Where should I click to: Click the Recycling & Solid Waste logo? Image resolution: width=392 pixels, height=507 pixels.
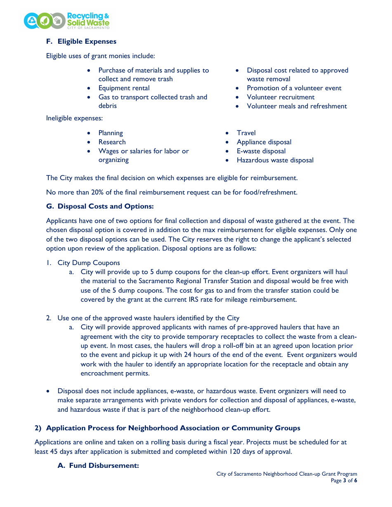(66, 20)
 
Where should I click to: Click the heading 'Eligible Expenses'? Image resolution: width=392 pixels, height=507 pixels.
(87, 41)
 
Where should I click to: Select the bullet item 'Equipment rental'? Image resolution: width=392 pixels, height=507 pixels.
(124, 88)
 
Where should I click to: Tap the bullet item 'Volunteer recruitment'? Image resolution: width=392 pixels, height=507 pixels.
(281, 97)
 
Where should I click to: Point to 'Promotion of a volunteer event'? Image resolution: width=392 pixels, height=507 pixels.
(294, 88)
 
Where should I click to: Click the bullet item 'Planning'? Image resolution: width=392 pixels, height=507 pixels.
(111, 133)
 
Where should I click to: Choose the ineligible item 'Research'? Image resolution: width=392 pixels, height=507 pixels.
(112, 142)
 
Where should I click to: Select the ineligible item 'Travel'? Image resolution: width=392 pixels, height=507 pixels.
(246, 133)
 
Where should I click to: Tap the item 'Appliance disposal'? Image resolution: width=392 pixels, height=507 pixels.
(264, 142)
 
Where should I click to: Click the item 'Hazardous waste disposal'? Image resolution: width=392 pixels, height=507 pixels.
(275, 160)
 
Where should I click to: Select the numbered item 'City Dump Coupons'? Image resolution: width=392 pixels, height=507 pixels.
(89, 263)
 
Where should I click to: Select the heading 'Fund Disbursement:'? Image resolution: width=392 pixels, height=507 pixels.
(104, 465)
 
